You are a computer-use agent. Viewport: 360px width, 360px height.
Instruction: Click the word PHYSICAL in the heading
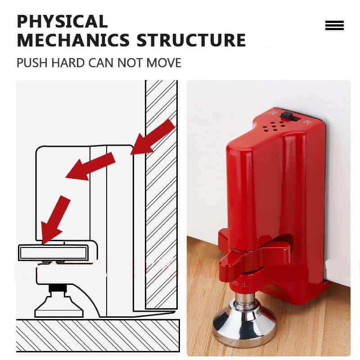click(62, 21)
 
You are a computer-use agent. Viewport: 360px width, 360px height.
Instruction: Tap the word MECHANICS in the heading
click(73, 40)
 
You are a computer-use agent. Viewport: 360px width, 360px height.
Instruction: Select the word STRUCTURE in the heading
click(191, 40)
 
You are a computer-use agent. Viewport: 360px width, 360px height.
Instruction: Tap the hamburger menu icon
click(334, 26)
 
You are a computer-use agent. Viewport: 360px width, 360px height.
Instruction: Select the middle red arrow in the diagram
click(90, 166)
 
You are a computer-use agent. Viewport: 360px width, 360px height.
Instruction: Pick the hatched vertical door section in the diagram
click(161, 193)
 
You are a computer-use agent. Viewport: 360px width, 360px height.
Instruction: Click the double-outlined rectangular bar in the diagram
click(53, 253)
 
